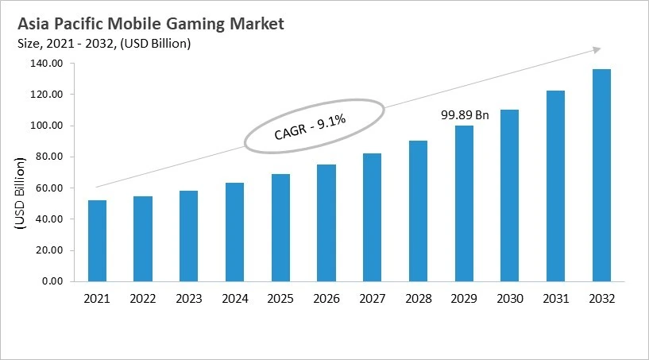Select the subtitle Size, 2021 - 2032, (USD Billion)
click(103, 44)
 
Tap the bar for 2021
click(97, 240)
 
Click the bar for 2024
click(234, 231)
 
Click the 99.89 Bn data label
click(465, 116)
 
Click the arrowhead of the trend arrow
click(596, 49)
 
